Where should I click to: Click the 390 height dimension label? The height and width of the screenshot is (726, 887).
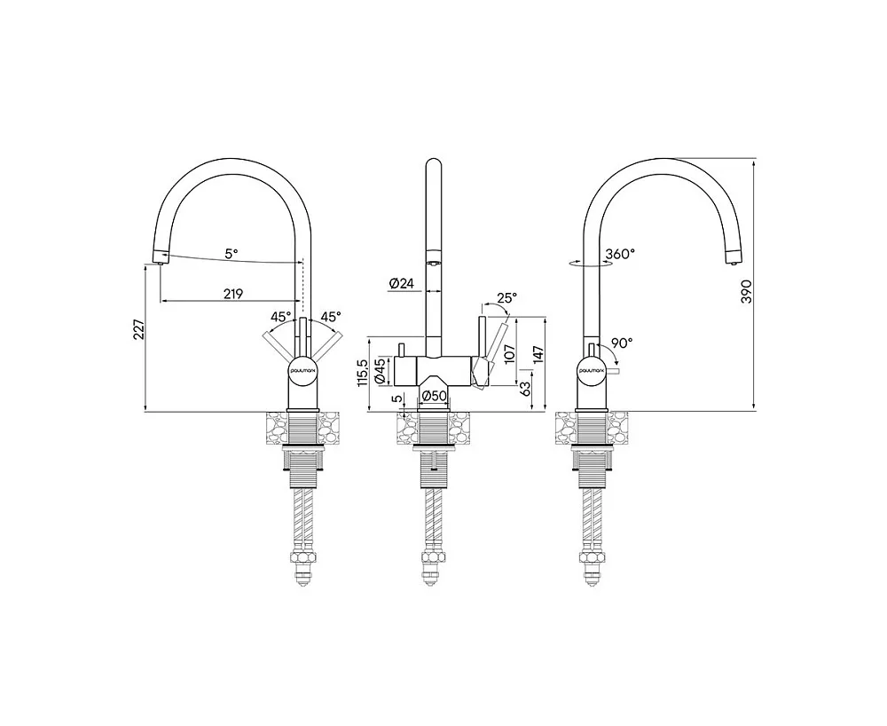(747, 291)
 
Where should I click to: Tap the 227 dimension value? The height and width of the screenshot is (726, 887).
(139, 329)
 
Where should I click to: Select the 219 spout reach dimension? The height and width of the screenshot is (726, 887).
(232, 294)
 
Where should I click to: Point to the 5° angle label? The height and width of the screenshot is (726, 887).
(232, 254)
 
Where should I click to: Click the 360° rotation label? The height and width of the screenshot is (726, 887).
(620, 254)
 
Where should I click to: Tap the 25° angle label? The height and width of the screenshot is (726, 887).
(506, 297)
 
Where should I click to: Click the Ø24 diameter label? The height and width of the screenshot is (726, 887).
(402, 283)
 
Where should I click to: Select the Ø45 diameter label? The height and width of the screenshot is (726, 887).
(381, 370)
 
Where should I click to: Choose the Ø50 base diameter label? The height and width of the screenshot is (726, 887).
(435, 396)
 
